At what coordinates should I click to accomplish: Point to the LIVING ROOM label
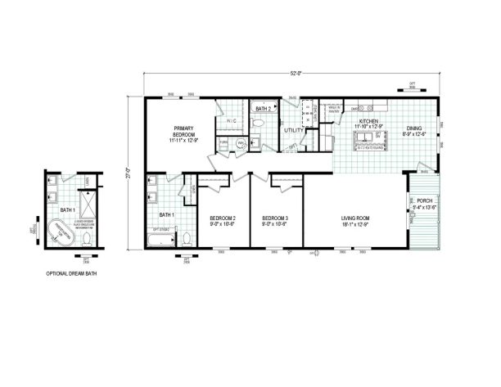pyautogui.click(x=355, y=218)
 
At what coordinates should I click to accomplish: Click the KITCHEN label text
pyautogui.click(x=367, y=122)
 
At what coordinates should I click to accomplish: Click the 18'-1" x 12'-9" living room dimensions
pyautogui.click(x=355, y=223)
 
